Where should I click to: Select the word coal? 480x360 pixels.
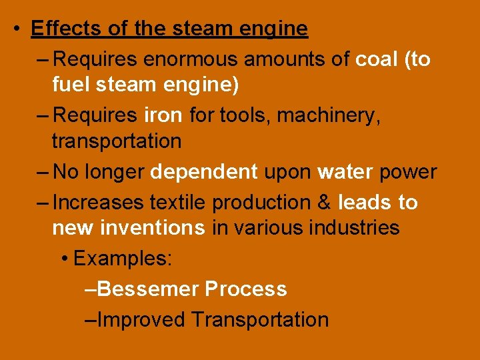click(x=377, y=59)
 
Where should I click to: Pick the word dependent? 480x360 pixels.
click(x=204, y=172)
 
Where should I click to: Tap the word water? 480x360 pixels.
click(x=345, y=172)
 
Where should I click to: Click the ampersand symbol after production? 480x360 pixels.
click(x=324, y=202)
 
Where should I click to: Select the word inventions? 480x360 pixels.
click(x=153, y=228)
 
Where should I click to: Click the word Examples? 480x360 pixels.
click(x=123, y=258)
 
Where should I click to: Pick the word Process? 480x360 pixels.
click(x=246, y=289)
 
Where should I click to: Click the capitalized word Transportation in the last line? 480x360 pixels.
click(x=260, y=319)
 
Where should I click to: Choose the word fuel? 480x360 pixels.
click(x=73, y=85)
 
